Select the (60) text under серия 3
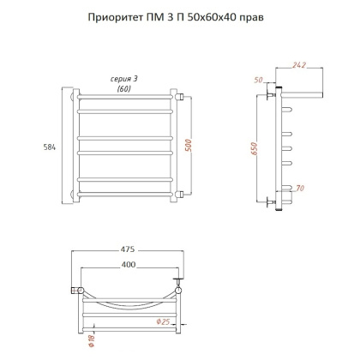(125, 88)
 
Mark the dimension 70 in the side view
(299, 186)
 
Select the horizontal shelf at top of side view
(300, 88)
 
